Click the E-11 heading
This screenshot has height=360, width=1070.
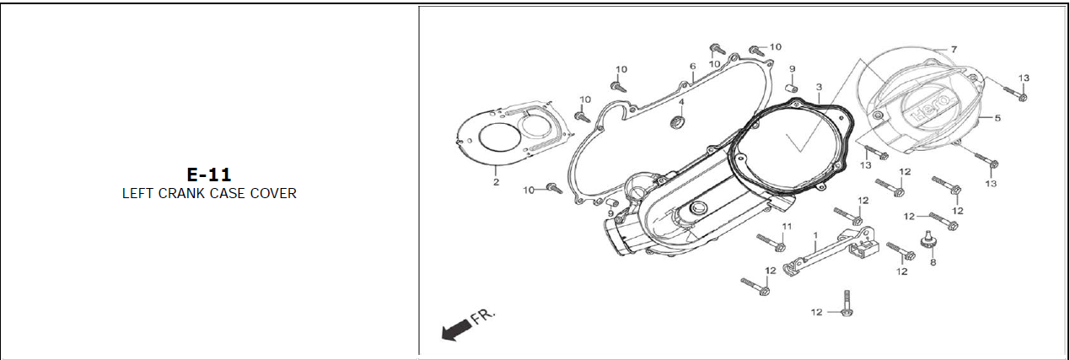[208, 175]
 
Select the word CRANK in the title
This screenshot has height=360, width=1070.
[181, 193]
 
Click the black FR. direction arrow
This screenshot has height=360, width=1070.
[456, 330]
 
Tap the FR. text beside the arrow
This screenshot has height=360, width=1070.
[483, 316]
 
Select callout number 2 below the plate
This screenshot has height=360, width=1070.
[496, 182]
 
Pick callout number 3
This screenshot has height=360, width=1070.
[818, 87]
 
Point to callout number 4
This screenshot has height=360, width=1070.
[681, 103]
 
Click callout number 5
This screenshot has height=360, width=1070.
[997, 118]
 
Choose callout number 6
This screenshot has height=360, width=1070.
[692, 66]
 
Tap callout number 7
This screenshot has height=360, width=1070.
[954, 50]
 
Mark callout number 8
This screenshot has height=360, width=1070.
[933, 262]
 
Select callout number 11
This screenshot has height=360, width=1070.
[787, 227]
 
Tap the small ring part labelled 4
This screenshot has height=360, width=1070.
[676, 125]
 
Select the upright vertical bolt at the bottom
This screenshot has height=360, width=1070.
[846, 304]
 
